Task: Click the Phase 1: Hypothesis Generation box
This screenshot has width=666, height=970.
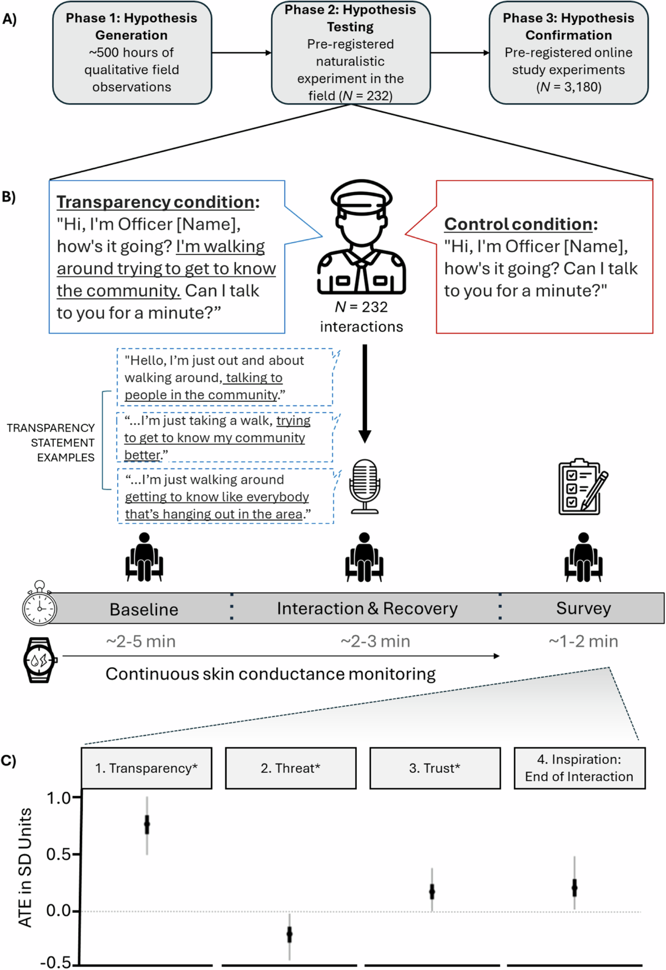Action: pos(132,53)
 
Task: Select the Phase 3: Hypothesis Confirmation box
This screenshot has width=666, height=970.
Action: pos(568,53)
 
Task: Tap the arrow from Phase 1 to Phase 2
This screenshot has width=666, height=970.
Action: pos(241,53)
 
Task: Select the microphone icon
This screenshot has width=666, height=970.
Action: pos(365,486)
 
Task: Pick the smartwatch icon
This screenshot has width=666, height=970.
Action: pos(39,660)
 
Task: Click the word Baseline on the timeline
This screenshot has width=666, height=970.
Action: pos(144,609)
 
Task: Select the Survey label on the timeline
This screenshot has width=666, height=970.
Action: pos(583,609)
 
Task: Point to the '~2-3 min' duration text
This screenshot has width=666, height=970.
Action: pos(375,641)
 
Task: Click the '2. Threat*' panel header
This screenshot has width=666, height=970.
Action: pos(290,768)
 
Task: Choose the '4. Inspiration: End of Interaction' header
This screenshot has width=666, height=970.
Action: pos(579,768)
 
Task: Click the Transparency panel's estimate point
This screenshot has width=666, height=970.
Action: pos(147,825)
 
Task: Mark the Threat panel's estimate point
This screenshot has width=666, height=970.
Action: pos(289,934)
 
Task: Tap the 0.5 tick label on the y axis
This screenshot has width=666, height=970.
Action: pos(58,855)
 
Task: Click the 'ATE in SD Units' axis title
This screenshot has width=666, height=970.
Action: pos(25,867)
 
